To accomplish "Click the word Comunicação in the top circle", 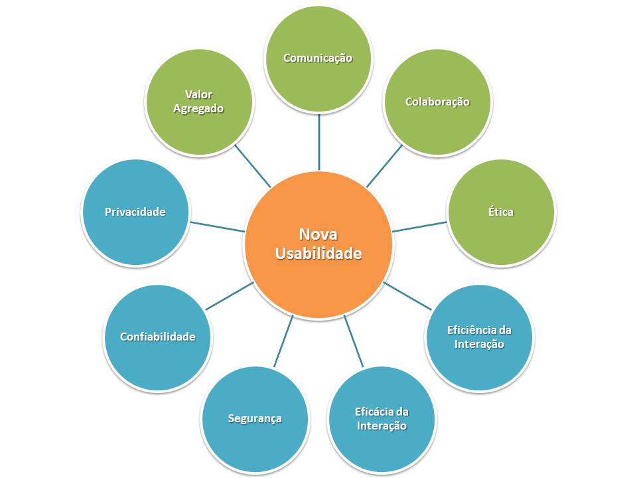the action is pyautogui.click(x=318, y=58).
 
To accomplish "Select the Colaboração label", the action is pyautogui.click(x=437, y=102).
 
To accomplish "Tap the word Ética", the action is pyautogui.click(x=500, y=212).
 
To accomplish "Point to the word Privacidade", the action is pyautogui.click(x=135, y=212).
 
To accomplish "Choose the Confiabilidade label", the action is pyautogui.click(x=157, y=337).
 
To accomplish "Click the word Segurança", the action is pyautogui.click(x=255, y=418).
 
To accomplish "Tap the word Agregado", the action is pyautogui.click(x=198, y=108).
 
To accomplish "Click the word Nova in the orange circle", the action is pyautogui.click(x=318, y=234).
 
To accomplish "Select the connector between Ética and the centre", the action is pyautogui.click(x=419, y=226).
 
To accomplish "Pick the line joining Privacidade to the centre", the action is pyautogui.click(x=218, y=226).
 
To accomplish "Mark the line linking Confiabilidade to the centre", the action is pyautogui.click(x=230, y=296).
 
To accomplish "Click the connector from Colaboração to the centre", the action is pyautogui.click(x=384, y=166).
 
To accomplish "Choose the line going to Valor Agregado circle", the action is pyautogui.click(x=253, y=166).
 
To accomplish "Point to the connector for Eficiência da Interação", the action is pyautogui.click(x=408, y=295).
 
